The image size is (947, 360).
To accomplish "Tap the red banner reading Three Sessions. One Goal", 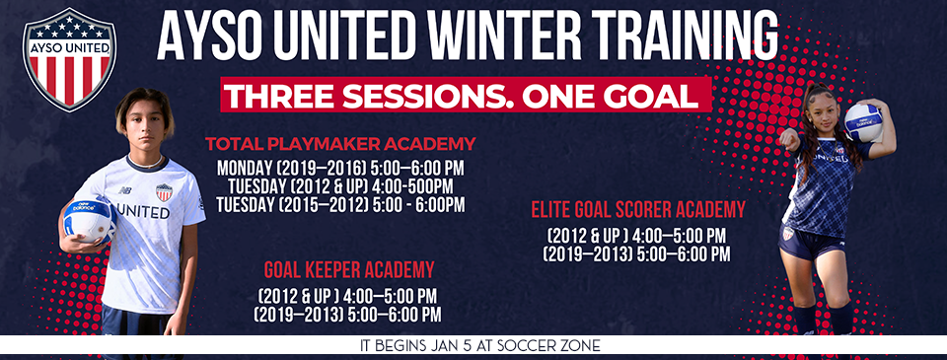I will (x=467, y=96).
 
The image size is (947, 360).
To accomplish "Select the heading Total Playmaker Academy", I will (x=340, y=143).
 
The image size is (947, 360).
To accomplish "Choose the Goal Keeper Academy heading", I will (x=349, y=270).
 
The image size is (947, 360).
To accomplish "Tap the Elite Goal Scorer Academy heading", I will (x=637, y=209).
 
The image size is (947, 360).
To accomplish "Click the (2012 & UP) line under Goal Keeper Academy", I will (x=347, y=296).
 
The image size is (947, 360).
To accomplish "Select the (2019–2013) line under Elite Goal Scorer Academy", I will (x=636, y=253).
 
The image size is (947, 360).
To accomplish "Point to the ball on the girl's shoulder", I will (x=862, y=121).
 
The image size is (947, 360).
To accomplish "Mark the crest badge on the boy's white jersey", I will (x=165, y=191).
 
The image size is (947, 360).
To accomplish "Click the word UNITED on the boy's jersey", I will (x=143, y=211).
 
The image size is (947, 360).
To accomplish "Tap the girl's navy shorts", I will (x=811, y=243).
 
